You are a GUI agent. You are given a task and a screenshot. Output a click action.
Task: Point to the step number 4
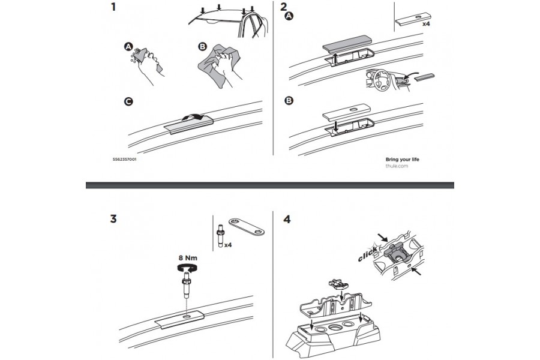click(286, 219)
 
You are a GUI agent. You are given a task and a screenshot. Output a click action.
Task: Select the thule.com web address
click(396, 167)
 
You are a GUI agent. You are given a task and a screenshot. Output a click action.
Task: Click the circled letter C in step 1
click(127, 103)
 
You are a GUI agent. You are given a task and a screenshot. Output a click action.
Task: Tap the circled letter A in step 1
click(127, 46)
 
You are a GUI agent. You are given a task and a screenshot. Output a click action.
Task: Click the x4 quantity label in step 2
click(427, 25)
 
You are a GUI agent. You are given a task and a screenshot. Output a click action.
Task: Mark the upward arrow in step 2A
click(337, 58)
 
